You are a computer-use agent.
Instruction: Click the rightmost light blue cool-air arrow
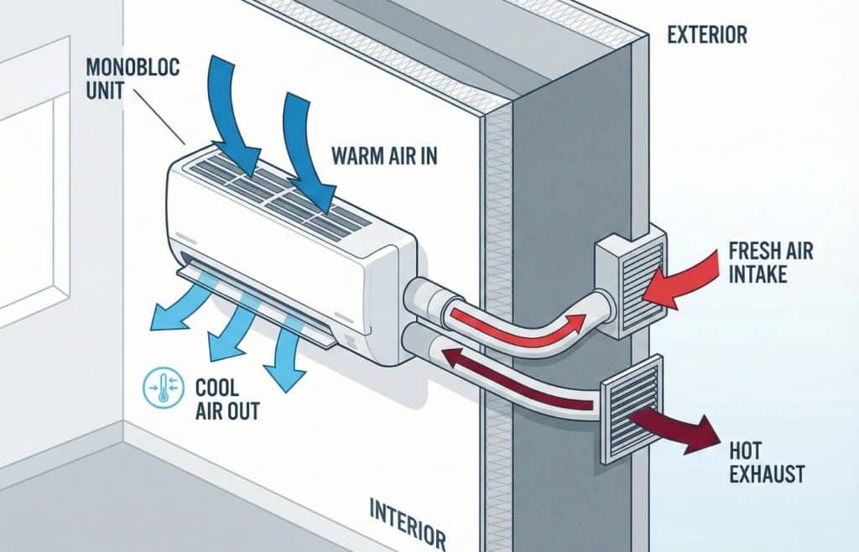(x=286, y=361)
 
